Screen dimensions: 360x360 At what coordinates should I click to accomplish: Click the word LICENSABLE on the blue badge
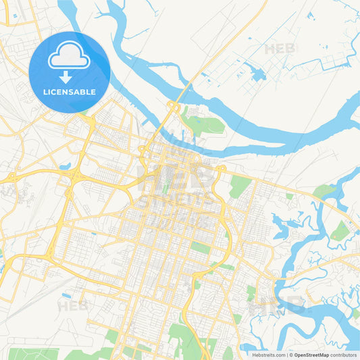[70, 91]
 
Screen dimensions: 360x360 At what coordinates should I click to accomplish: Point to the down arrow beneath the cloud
[70, 76]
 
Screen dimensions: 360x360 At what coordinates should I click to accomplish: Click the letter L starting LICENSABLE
[45, 91]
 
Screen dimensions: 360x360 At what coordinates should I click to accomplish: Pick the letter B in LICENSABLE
[83, 91]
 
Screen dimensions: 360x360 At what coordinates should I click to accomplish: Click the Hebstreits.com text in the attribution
[267, 355]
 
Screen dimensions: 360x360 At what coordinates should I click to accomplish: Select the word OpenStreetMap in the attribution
[311, 355]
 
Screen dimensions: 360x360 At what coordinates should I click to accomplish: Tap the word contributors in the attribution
[343, 355]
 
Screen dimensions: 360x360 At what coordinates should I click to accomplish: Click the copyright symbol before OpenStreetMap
[291, 355]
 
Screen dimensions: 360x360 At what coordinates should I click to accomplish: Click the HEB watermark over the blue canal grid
[281, 49]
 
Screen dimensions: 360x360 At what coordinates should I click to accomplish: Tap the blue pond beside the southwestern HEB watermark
[66, 295]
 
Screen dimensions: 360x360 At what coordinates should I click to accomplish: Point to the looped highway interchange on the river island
[173, 107]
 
